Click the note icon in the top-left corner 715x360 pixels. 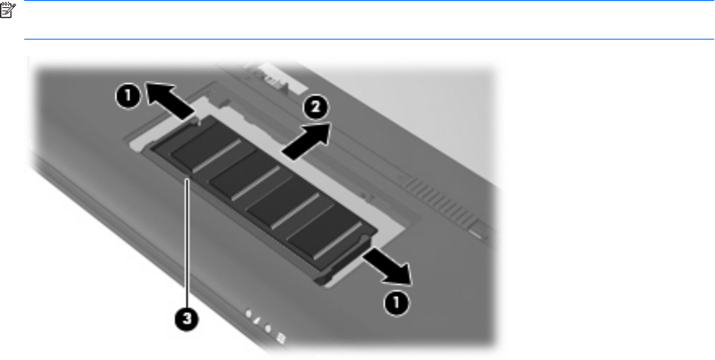click(8, 10)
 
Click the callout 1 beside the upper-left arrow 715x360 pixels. click(128, 96)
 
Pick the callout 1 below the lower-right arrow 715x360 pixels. click(395, 303)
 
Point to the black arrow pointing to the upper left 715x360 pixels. click(169, 101)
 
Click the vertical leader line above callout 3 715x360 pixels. click(187, 243)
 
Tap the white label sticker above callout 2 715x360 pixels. click(276, 81)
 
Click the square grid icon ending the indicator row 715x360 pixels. click(282, 338)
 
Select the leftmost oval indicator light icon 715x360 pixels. click(249, 313)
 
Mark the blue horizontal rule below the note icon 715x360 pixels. click(370, 40)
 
